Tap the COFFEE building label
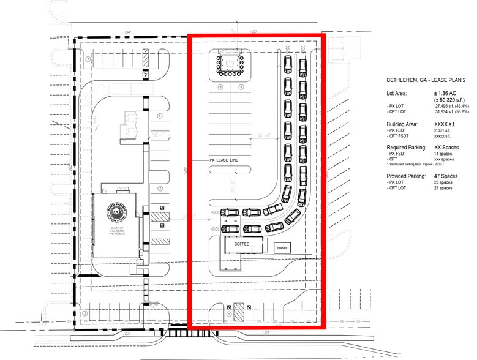click(x=242, y=243)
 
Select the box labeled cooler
click(x=282, y=248)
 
